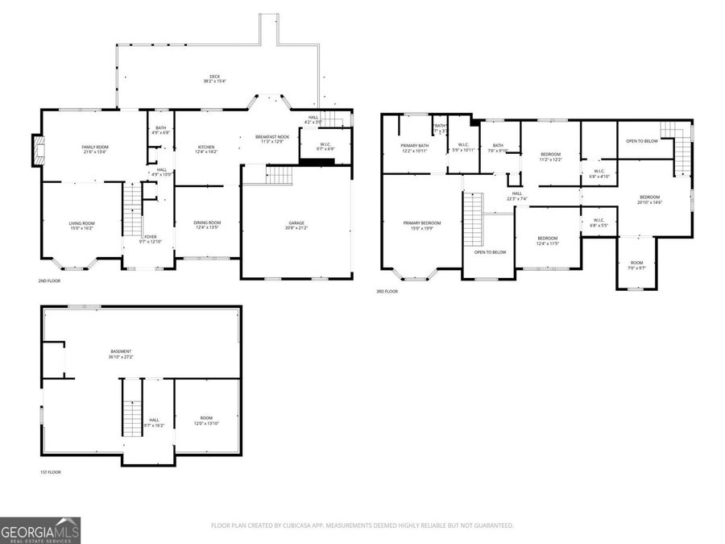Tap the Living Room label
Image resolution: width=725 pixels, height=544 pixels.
coord(81,226)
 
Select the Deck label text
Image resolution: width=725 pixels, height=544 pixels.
coord(214,78)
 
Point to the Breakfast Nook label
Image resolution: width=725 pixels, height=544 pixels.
coord(272,139)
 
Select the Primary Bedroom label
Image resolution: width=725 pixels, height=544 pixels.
coord(422,225)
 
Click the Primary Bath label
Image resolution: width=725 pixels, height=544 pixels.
coord(415,147)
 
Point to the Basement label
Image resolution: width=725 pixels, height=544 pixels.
coord(121,354)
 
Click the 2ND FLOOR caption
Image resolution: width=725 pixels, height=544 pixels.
coord(48,280)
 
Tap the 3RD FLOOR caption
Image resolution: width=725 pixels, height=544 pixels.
coord(387,291)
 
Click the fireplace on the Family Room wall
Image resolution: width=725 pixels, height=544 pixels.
coord(37,151)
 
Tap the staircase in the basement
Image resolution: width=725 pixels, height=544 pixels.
coord(131,417)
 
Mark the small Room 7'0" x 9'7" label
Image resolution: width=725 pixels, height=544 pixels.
coord(637,265)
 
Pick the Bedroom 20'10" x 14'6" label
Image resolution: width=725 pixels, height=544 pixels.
coord(649,200)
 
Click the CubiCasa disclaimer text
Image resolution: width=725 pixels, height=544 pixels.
coord(362,525)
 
